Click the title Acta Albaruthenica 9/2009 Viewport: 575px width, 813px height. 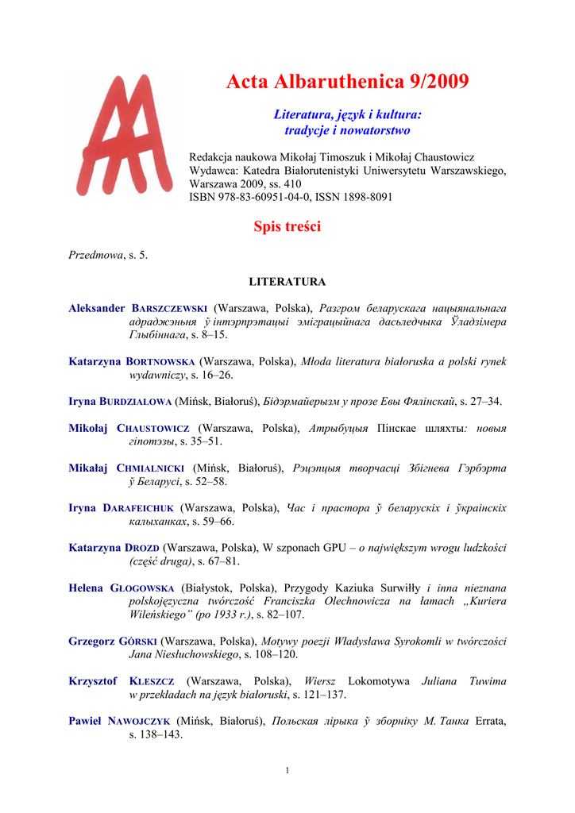[347, 81]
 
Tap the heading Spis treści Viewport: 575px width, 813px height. [287, 227]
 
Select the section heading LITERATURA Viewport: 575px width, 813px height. [287, 282]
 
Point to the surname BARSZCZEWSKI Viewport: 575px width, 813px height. [169, 308]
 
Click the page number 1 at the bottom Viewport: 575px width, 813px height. [287, 769]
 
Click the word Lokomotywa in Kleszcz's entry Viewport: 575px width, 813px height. [374, 681]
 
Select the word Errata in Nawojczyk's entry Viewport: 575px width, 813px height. [489, 722]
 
